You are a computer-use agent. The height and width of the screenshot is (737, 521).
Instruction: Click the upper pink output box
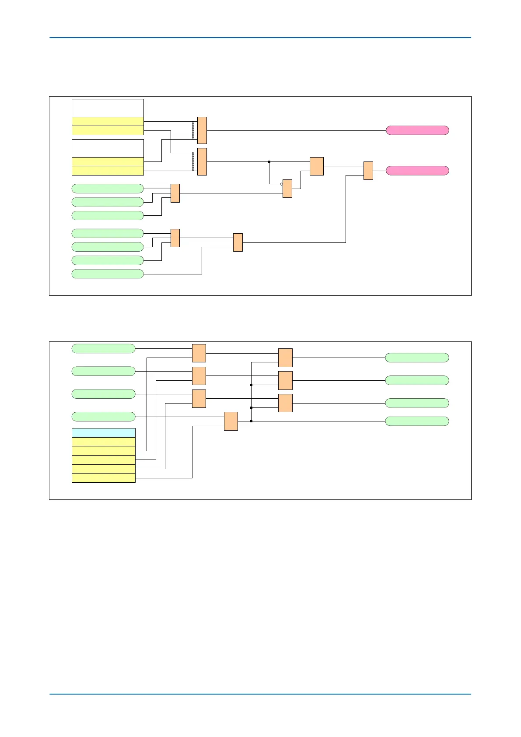(x=417, y=130)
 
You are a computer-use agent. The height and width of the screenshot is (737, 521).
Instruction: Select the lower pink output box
(x=417, y=171)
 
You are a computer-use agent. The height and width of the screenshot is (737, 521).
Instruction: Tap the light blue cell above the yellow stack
(x=103, y=433)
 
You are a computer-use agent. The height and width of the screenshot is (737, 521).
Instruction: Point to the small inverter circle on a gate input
(x=281, y=184)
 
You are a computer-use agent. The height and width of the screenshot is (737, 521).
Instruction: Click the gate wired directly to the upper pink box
(x=202, y=130)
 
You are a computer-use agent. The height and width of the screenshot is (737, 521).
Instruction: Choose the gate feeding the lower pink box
(x=368, y=171)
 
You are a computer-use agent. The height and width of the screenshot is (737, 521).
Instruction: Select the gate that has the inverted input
(x=287, y=189)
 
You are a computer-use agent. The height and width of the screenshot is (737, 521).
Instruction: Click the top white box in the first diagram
(x=108, y=108)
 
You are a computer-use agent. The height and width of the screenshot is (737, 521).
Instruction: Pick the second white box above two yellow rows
(x=108, y=148)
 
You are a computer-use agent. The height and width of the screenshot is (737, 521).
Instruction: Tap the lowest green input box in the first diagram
(x=108, y=274)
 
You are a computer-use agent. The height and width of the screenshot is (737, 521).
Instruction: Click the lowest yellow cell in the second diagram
(x=103, y=478)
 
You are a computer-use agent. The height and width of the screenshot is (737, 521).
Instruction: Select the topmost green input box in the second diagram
(x=103, y=348)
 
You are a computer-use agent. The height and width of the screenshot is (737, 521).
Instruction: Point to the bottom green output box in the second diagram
(x=417, y=421)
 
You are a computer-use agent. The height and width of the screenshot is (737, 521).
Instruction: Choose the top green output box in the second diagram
(x=417, y=358)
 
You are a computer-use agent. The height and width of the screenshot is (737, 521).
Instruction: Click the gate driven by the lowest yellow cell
(x=231, y=421)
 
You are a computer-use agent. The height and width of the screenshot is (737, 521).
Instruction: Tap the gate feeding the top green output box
(x=285, y=358)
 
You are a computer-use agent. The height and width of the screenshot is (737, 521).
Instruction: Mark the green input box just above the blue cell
(x=103, y=416)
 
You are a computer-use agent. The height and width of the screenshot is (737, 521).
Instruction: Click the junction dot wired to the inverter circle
(x=269, y=162)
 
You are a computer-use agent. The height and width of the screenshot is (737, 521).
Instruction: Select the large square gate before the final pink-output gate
(x=316, y=166)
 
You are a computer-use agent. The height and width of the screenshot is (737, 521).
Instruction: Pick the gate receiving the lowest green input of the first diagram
(x=238, y=242)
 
